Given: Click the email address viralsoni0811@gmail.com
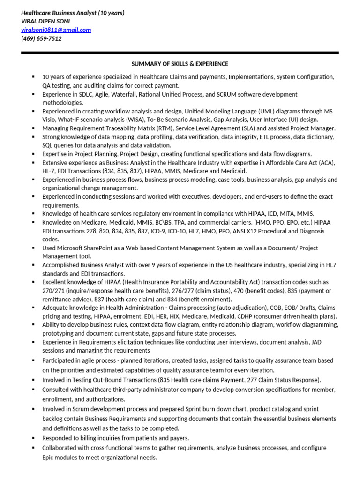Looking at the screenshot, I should point(56,30).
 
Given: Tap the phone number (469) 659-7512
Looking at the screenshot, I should point(41,38).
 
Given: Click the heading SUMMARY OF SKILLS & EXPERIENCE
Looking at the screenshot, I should point(180,64).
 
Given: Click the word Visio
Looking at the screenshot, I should point(49,120).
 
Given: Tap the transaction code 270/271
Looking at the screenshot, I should point(53,291).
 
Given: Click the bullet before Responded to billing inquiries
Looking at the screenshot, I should point(33,438).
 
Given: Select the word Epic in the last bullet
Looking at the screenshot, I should point(49,457).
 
